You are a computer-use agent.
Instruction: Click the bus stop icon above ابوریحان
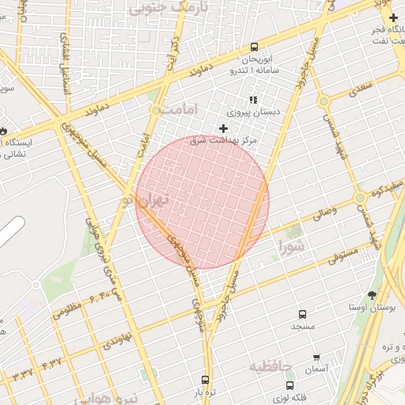point(254,47)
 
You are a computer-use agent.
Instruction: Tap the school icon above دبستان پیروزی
point(253,100)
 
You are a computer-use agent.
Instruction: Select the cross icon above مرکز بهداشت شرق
point(223,128)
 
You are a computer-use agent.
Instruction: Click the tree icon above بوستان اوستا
point(372,294)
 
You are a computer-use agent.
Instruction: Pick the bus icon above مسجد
point(302,314)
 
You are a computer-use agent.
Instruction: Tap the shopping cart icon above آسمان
point(316,358)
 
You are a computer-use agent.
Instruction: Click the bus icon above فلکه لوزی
point(290,385)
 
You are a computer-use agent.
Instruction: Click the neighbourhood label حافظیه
point(271,367)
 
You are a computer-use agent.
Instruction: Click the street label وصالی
point(324,210)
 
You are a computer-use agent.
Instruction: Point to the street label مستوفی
point(342,254)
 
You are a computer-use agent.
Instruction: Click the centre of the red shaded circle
point(202,202)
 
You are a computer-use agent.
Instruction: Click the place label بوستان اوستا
point(371,306)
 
